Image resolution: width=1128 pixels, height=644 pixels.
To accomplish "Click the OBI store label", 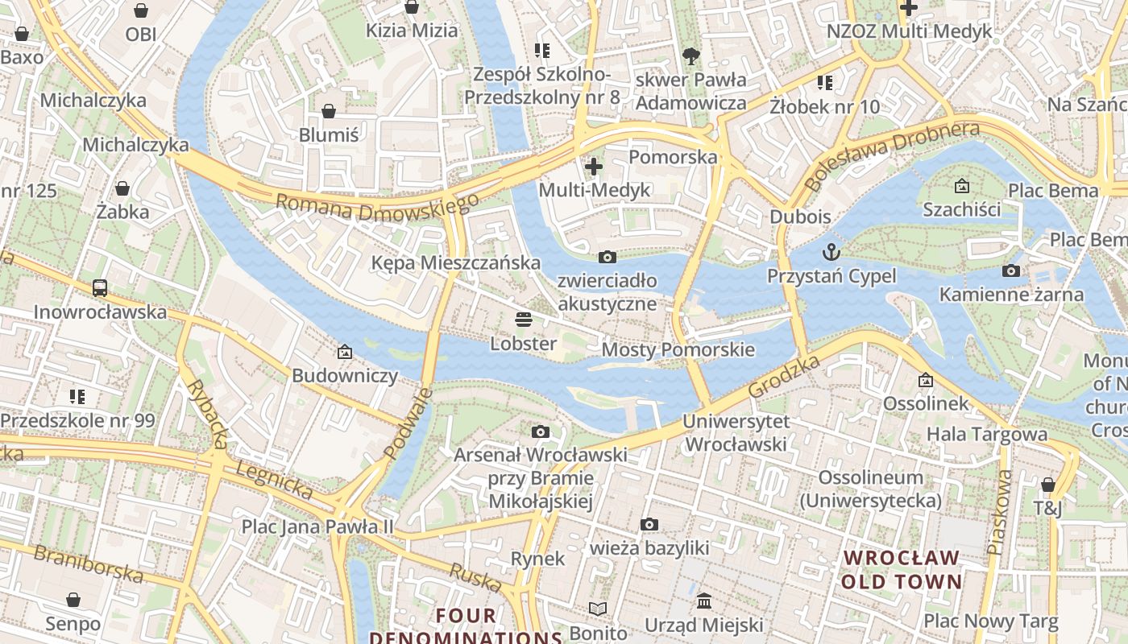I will [x=141, y=35].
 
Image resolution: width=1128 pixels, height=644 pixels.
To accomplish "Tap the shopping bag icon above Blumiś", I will [x=329, y=111].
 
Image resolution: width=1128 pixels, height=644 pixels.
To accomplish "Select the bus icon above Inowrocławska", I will [x=100, y=288].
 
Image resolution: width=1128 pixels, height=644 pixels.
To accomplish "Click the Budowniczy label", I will [x=345, y=376].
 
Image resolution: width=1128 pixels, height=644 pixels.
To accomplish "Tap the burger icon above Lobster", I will [x=524, y=320].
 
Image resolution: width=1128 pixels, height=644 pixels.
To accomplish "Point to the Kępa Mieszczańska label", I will [x=455, y=262].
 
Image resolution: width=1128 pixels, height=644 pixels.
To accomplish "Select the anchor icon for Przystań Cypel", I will [x=831, y=253].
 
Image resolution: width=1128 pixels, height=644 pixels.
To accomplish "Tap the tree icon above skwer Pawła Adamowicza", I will [x=690, y=56].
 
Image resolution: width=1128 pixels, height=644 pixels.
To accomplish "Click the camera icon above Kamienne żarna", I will [x=1011, y=271].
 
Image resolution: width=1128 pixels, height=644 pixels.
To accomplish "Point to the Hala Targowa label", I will [x=987, y=435].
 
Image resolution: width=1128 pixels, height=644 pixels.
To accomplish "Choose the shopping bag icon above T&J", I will [x=1047, y=485].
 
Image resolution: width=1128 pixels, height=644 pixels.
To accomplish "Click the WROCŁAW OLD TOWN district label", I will [x=902, y=569].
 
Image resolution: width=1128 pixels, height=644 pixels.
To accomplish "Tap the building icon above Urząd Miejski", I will [x=704, y=601].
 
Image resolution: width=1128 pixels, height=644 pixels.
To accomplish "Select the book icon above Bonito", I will [x=598, y=609].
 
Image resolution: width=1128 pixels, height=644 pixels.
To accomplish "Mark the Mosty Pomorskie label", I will [x=678, y=349].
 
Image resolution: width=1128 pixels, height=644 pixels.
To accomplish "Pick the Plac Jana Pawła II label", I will [x=317, y=526].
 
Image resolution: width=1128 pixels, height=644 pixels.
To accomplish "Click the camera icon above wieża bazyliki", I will [x=649, y=525].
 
